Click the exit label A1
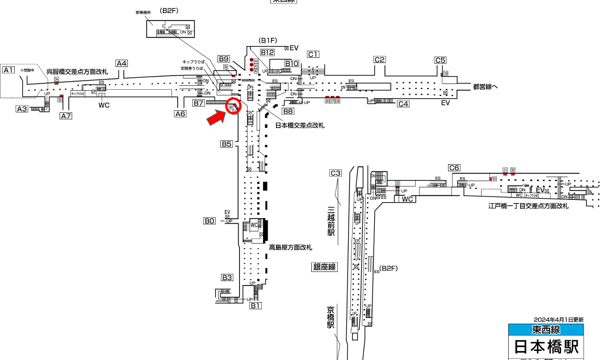[x=9, y=70]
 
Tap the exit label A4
[x=122, y=64]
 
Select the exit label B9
[x=224, y=58]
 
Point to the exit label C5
[x=441, y=60]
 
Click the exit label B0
[x=210, y=221]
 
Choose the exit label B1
[x=256, y=305]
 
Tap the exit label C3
[x=336, y=173]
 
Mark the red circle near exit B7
[x=233, y=106]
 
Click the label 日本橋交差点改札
[x=300, y=125]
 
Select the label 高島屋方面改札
[x=291, y=248]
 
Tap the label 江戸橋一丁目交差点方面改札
[x=528, y=206]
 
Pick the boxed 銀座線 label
[x=324, y=267]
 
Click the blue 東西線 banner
[x=546, y=330]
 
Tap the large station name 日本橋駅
[x=546, y=346]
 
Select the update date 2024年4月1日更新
[x=558, y=320]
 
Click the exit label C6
[x=454, y=168]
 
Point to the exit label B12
[x=267, y=52]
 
